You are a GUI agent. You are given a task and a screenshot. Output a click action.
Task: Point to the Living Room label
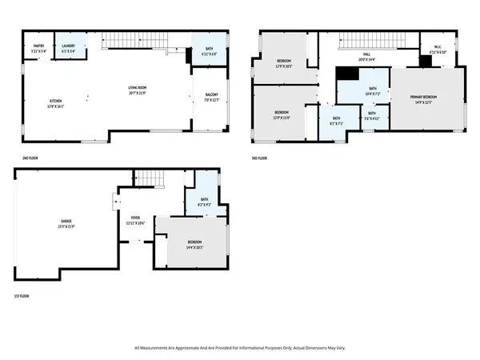point(138,90)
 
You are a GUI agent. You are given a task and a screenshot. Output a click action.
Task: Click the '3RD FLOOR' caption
point(258,158)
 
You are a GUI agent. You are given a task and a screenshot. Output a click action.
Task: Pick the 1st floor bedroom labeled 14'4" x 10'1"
point(194,245)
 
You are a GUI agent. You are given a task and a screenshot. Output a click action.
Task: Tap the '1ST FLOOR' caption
point(22,298)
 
